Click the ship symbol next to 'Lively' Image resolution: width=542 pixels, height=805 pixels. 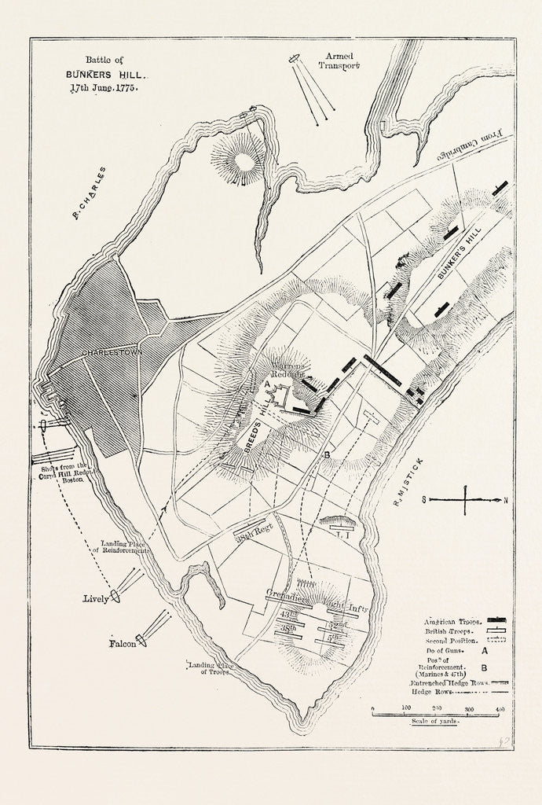point(116,594)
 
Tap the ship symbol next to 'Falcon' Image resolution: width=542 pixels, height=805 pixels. point(141,640)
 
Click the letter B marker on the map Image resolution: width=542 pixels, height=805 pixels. point(325,454)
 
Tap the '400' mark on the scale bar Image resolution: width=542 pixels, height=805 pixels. point(499,709)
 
